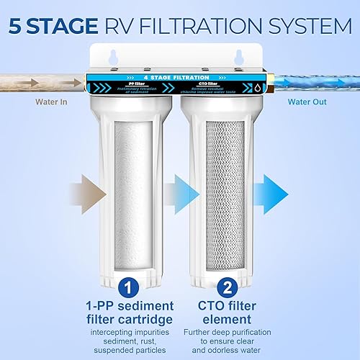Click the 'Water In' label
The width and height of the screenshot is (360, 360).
coord(53,102)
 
